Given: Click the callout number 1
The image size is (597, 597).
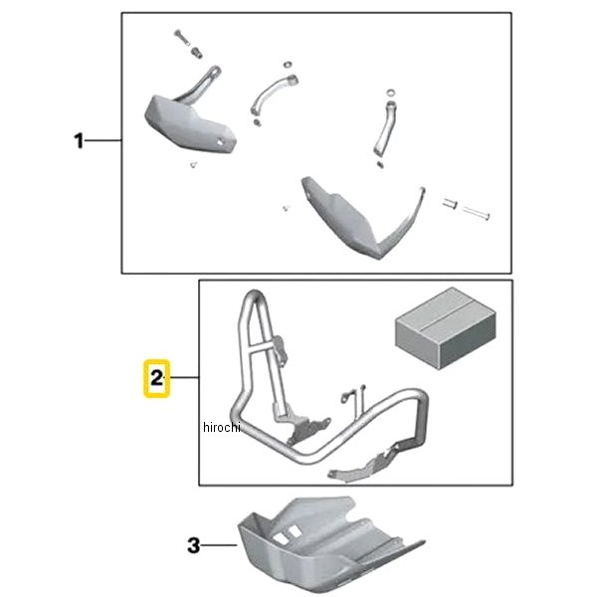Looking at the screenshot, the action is click(x=79, y=141).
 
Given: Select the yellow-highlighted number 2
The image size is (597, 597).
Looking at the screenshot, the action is click(x=156, y=378).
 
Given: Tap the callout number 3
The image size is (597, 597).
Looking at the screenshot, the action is click(x=193, y=545).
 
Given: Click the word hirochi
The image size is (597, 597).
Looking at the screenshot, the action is click(x=222, y=427).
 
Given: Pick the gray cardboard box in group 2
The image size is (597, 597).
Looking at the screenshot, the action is click(x=446, y=328).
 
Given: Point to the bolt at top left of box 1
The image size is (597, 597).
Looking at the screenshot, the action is click(x=182, y=38).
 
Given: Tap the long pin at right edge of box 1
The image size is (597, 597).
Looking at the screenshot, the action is click(x=476, y=213).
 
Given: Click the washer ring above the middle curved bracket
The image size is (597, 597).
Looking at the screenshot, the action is click(x=288, y=64).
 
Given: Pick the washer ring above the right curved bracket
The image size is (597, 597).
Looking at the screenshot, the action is click(x=391, y=93).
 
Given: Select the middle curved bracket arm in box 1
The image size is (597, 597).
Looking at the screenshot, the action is click(x=271, y=94).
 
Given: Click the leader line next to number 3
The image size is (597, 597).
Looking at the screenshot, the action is click(x=219, y=545).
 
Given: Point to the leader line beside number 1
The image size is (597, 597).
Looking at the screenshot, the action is click(x=102, y=141).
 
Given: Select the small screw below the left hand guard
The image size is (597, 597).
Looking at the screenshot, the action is click(x=193, y=164).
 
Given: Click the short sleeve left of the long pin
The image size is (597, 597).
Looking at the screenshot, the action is click(x=450, y=203).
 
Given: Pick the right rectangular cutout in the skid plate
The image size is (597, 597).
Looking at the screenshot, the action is click(x=294, y=531).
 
